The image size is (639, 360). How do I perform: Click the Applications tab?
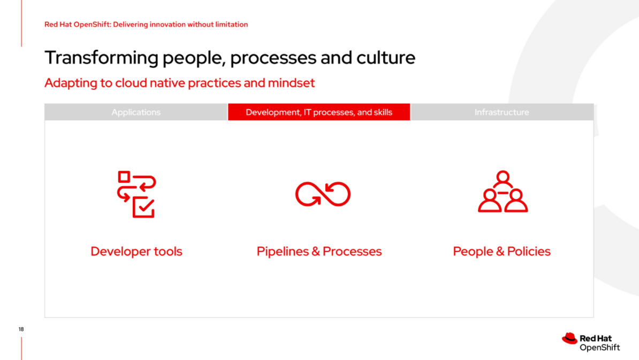point(136,112)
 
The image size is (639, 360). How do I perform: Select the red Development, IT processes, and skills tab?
point(319,112)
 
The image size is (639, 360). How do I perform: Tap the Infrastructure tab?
point(502,112)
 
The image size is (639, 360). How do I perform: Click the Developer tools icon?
point(136,194)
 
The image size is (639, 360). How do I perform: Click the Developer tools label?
point(136,251)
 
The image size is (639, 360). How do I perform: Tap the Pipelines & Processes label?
point(319,251)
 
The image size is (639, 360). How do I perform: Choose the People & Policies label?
point(501,251)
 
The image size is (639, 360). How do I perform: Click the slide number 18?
point(21,329)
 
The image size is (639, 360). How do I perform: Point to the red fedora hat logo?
point(570,339)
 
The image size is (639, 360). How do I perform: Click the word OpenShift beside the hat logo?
point(599,347)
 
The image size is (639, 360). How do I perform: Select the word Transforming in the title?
point(102,58)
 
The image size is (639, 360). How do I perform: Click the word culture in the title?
point(386,58)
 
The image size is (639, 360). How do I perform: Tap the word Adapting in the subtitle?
point(71,83)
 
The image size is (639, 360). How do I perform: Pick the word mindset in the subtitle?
point(291,83)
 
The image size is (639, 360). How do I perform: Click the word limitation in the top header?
point(232,25)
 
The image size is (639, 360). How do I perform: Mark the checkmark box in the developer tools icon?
point(143,208)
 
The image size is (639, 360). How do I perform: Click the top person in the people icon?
point(503,179)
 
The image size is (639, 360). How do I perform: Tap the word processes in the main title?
point(273,58)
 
